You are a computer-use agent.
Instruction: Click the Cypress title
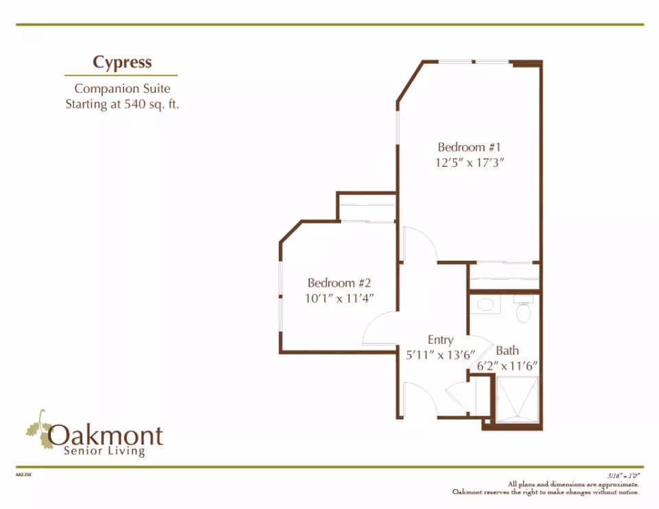[x=122, y=62]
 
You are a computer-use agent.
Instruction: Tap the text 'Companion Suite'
[x=122, y=88]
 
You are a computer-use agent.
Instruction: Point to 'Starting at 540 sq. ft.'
[x=122, y=104]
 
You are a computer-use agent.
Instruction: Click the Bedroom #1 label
[x=469, y=147]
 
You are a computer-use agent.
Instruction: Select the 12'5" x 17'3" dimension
[x=469, y=163]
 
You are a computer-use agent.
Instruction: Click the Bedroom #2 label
[x=339, y=283]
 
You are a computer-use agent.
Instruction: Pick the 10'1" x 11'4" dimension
[x=339, y=298]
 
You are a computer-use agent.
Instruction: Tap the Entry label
[x=441, y=340]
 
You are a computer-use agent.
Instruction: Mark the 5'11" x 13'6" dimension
[x=440, y=355]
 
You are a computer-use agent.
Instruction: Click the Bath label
[x=507, y=351]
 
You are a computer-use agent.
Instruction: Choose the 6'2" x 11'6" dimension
[x=507, y=366]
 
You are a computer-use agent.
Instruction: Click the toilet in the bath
[x=523, y=309]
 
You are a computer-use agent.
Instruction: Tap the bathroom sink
[x=485, y=305]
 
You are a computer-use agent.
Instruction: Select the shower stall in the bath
[x=517, y=399]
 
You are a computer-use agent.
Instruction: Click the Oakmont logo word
[x=105, y=436]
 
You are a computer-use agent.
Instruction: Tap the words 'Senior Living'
[x=104, y=451]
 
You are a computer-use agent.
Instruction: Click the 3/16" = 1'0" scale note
[x=623, y=476]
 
